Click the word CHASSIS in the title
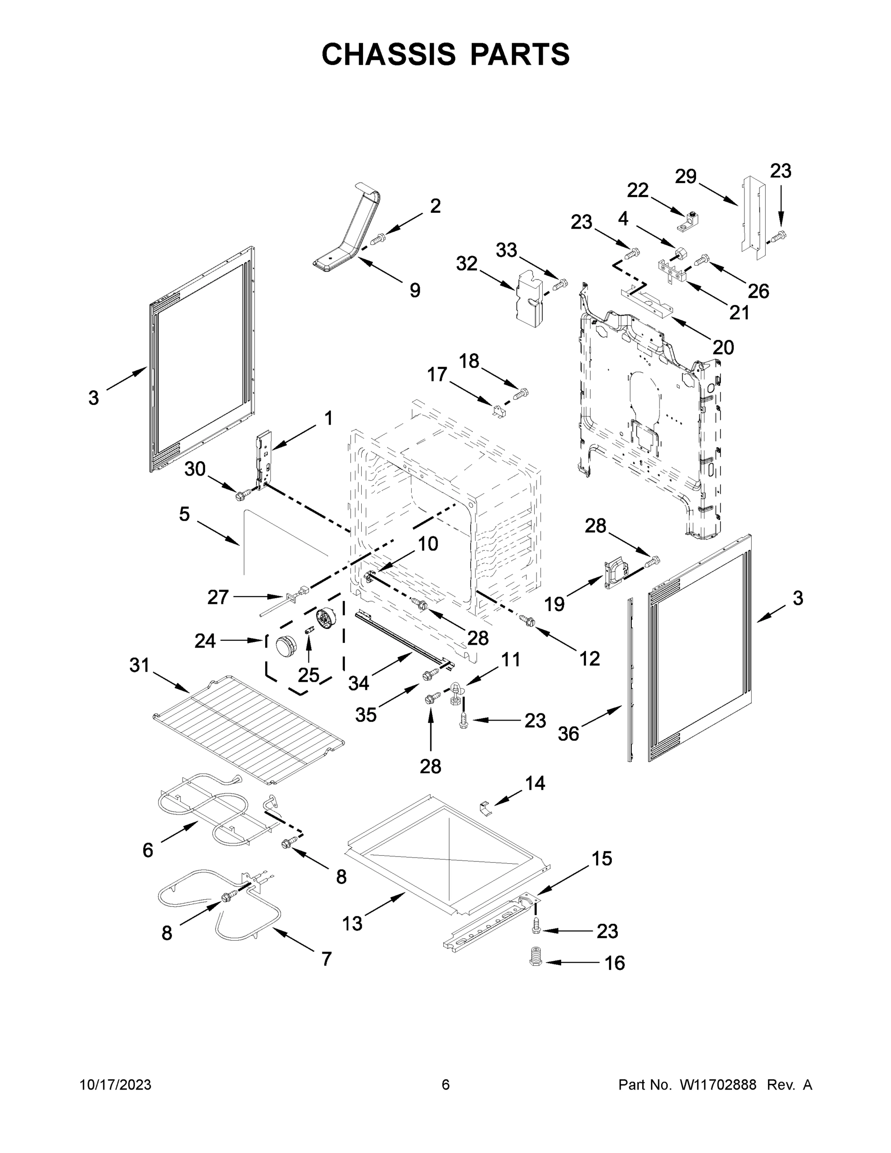point(389,54)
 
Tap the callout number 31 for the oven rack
point(139,665)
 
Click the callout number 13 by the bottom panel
point(352,923)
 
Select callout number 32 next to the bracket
point(466,263)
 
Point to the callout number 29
point(686,176)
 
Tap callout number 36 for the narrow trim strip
point(569,733)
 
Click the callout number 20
point(723,347)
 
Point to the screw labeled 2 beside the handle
point(378,240)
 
